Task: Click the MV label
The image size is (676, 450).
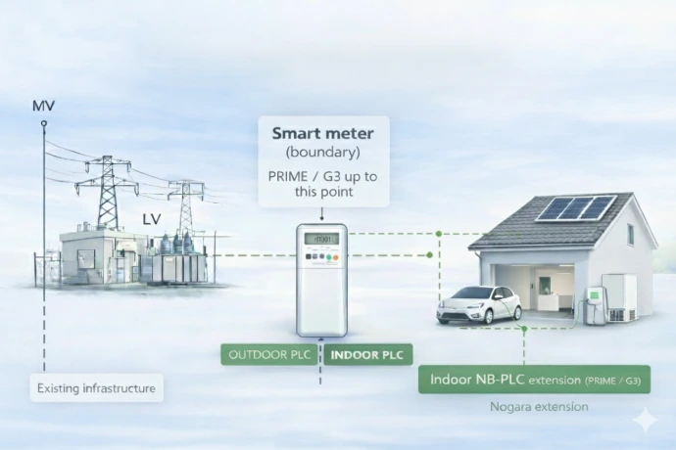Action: (x=43, y=106)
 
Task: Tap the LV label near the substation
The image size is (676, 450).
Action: (x=151, y=219)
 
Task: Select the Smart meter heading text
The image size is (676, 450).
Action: (x=323, y=133)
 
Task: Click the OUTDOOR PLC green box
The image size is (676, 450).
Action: (x=269, y=355)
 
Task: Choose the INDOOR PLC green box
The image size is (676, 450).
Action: (x=367, y=355)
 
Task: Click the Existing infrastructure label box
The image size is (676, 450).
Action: (x=97, y=388)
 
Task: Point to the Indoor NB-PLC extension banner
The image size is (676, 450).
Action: (x=535, y=380)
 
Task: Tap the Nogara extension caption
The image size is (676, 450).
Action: (x=539, y=407)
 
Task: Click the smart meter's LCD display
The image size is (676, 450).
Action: (x=321, y=239)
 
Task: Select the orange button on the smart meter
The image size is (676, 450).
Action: (x=335, y=257)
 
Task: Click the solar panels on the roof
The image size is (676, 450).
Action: (x=576, y=207)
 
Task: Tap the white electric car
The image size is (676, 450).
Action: (x=479, y=305)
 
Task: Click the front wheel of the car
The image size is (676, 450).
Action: (x=489, y=317)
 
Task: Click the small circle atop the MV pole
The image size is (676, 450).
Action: (x=43, y=123)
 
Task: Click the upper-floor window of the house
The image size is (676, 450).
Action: (x=631, y=234)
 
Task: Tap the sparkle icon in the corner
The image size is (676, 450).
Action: (x=646, y=419)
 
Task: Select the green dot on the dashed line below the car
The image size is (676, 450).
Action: (x=524, y=329)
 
